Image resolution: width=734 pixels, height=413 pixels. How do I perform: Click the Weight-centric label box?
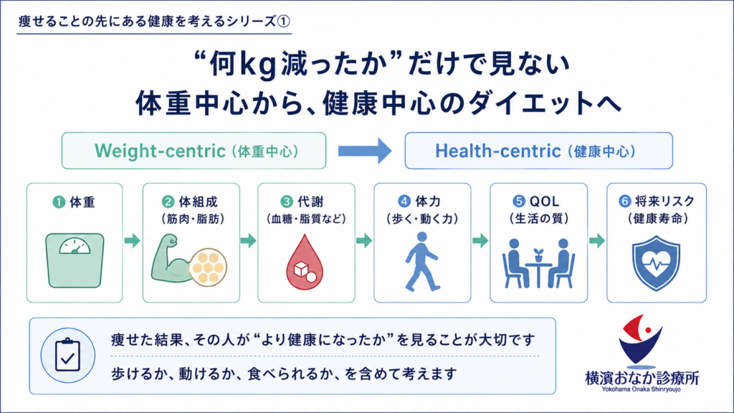tap(194, 151)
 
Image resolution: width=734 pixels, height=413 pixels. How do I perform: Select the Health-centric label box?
tap(539, 151)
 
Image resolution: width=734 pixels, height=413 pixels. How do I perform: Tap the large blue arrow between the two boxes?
tap(365, 151)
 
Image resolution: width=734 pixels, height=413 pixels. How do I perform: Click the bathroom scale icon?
tap(75, 260)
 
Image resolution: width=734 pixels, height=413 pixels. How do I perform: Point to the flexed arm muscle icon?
tap(171, 260)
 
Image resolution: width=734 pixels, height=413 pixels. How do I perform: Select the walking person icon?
tap(421, 261)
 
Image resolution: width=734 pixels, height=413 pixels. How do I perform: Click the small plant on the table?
tap(539, 255)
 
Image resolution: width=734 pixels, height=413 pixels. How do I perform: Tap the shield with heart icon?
tap(657, 263)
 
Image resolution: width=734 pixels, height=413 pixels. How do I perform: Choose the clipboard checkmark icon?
tap(68, 356)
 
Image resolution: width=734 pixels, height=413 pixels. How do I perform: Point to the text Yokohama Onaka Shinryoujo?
tap(642, 389)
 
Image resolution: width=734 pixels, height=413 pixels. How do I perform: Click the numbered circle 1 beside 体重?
tap(59, 202)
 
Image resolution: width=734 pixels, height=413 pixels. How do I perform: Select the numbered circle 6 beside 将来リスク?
tap(625, 201)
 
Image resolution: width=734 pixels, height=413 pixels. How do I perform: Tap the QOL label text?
tap(545, 201)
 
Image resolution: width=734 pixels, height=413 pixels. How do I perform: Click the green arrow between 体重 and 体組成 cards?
tap(133, 241)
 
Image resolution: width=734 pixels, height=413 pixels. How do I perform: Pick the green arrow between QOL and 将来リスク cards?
tap(597, 241)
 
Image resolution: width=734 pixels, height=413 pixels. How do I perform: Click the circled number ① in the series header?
tap(284, 22)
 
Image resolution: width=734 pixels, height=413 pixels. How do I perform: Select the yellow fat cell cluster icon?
tap(209, 267)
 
